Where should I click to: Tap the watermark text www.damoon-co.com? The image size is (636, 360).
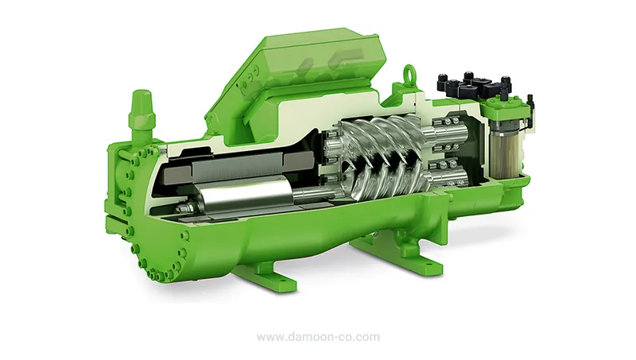[x=319, y=337]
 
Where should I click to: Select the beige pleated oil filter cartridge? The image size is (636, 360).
[x=505, y=151]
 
